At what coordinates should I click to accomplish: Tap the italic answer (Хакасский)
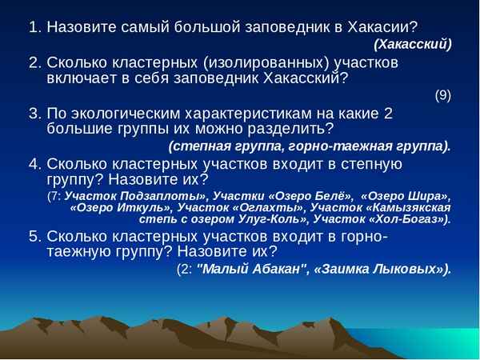(413, 44)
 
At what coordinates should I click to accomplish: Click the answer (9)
(442, 95)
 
